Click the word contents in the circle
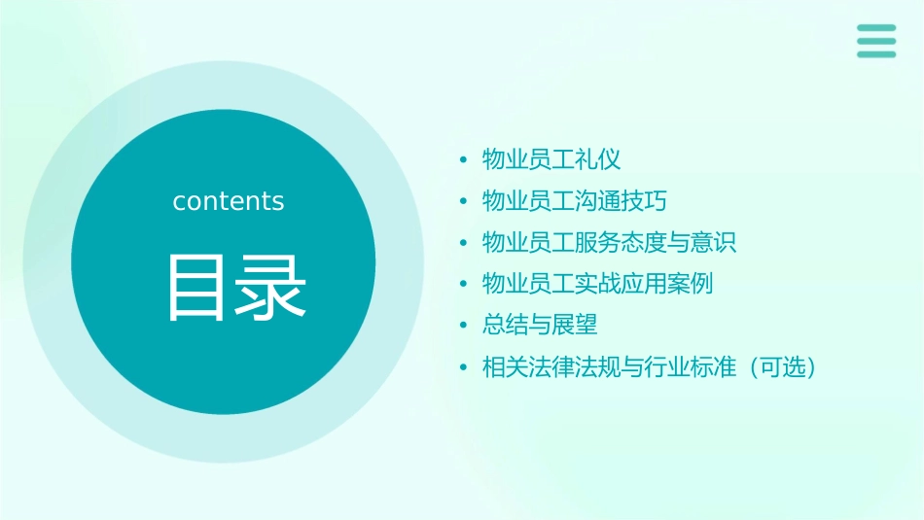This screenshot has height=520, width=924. pyautogui.click(x=229, y=201)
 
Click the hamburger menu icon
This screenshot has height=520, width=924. pyautogui.click(x=875, y=41)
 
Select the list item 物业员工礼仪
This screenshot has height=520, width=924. pyautogui.click(x=551, y=159)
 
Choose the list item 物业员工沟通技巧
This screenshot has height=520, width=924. pyautogui.click(x=575, y=201)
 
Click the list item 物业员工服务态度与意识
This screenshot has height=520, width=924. pyautogui.click(x=610, y=242)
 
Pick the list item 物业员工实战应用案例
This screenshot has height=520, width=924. pyautogui.click(x=598, y=284)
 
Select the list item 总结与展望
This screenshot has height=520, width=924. pyautogui.click(x=540, y=326)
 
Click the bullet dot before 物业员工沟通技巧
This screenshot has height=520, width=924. pyautogui.click(x=464, y=202)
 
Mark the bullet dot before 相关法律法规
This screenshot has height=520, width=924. pyautogui.click(x=464, y=368)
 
